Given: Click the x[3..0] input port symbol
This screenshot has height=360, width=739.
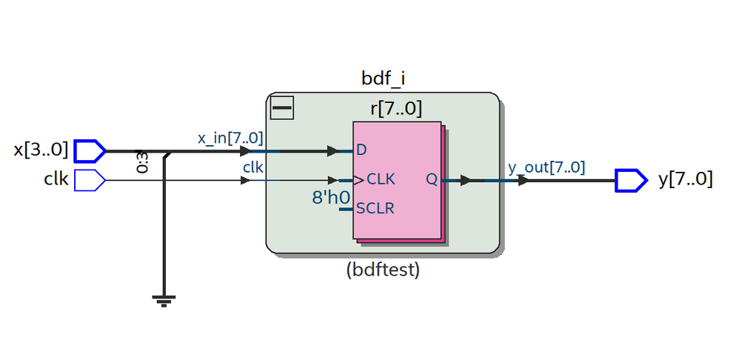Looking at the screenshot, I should coord(90,150).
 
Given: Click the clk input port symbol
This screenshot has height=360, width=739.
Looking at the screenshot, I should coord(90,180).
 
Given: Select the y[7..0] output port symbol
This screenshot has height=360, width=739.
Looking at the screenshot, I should coord(631,180).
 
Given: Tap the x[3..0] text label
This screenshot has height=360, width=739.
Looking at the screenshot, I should coord(41,150).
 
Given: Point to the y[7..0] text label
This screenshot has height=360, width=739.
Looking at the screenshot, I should coord(686,180).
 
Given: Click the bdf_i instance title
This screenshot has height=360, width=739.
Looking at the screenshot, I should coord(382,78).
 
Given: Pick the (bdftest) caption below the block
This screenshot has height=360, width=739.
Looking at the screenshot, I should coord(383,270).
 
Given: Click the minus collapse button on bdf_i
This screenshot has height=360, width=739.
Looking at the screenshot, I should coord(283,108).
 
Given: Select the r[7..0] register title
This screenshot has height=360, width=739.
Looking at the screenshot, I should coord(396,110).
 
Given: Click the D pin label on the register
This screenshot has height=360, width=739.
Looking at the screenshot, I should coord(361,150).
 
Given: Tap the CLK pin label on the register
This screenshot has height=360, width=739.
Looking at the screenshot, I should coord(381,179).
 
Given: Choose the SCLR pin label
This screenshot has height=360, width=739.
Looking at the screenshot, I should coord(375,208).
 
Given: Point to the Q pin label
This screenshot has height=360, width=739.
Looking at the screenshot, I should coord(432,179).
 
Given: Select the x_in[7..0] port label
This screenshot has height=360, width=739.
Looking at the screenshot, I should coord(230,138).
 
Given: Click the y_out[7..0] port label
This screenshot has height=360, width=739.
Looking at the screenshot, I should coord(546,168).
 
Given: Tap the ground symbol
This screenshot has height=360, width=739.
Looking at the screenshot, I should coord(164,300).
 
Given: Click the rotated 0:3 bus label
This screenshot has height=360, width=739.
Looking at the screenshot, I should coord(141,162).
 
